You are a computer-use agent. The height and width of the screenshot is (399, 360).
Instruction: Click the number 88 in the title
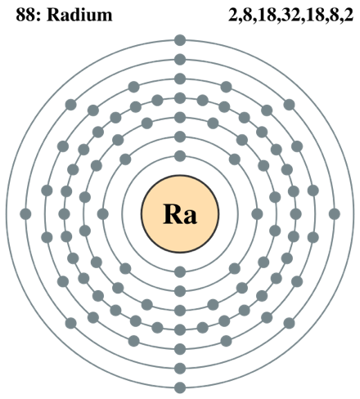point(25,15)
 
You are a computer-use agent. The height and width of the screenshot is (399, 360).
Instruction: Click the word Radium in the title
point(79,15)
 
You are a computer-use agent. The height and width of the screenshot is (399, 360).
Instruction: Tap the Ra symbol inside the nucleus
point(180,214)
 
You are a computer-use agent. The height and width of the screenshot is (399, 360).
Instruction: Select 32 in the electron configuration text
point(290,15)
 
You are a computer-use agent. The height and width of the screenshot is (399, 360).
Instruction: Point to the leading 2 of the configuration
point(232,15)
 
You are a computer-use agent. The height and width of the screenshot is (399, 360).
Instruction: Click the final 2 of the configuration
point(349,15)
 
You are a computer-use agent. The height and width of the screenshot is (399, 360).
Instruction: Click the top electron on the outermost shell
point(180,40)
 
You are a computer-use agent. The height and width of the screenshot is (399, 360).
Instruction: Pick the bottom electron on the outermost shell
point(180,388)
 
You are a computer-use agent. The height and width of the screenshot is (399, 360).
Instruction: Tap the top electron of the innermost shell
point(180,156)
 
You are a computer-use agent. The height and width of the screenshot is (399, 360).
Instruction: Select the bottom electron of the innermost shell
point(180,271)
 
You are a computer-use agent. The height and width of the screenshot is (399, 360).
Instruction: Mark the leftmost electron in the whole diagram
point(25,214)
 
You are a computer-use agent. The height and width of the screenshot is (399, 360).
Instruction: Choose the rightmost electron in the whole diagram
point(335,214)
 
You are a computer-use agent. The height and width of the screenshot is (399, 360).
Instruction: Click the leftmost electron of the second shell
point(103,214)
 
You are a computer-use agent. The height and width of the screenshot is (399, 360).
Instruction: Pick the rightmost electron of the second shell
point(257,214)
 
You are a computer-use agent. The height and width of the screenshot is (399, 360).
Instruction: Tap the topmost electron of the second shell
point(180,137)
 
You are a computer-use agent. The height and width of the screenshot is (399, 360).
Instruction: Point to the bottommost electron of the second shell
point(180,291)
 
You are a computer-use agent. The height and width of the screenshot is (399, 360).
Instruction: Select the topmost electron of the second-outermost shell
point(180,60)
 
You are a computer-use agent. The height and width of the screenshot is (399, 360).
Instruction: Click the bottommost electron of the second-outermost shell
point(180,369)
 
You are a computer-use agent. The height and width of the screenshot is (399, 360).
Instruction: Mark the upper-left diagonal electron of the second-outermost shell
point(71,105)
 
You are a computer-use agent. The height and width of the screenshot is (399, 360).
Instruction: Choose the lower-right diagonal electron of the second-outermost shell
point(289,323)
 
